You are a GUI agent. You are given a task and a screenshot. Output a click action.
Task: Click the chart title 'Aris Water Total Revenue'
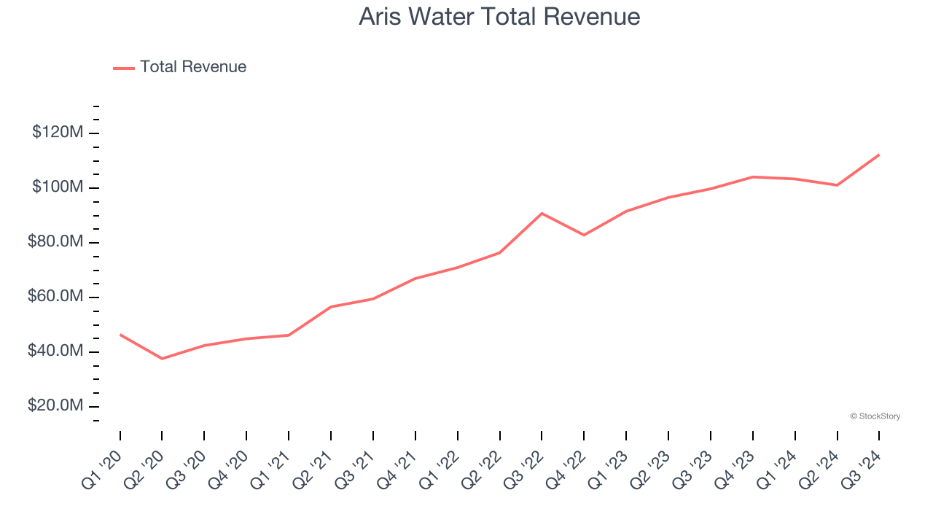pyautogui.click(x=499, y=17)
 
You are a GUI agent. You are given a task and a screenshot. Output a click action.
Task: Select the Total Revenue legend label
pyautogui.click(x=193, y=67)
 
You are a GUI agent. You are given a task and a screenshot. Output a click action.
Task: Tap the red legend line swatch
pyautogui.click(x=124, y=68)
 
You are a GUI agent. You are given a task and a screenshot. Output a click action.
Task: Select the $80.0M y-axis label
pyautogui.click(x=55, y=242)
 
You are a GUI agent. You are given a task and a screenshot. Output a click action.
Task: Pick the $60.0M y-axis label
pyautogui.click(x=55, y=297)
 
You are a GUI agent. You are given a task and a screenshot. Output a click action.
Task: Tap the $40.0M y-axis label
pyautogui.click(x=55, y=351)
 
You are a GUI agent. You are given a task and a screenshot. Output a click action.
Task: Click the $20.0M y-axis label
pyautogui.click(x=55, y=406)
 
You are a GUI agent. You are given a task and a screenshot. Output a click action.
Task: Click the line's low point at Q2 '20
pyautogui.click(x=162, y=359)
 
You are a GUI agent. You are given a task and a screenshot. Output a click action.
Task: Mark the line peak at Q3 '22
pyautogui.click(x=542, y=213)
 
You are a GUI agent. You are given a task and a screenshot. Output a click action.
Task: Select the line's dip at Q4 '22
pyautogui.click(x=584, y=235)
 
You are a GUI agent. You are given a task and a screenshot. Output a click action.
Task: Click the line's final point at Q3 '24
pyautogui.click(x=879, y=155)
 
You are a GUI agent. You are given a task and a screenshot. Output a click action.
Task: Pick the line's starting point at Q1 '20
pyautogui.click(x=120, y=335)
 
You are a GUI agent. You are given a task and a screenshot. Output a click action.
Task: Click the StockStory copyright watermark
pyautogui.click(x=875, y=416)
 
